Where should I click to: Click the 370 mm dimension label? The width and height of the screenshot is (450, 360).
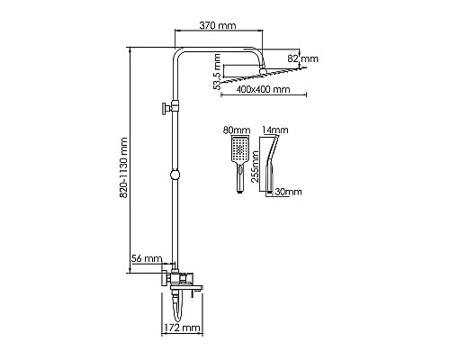coord(218,25)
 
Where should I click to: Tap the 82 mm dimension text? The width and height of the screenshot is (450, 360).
coord(303,58)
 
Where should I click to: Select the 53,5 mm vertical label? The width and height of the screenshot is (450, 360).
coord(217,72)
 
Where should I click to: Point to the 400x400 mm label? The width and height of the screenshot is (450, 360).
coord(263,89)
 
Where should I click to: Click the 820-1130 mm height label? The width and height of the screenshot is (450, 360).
coord(123,167)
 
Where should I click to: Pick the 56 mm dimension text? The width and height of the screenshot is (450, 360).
coord(147,258)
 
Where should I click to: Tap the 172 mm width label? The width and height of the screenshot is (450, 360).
coord(182,328)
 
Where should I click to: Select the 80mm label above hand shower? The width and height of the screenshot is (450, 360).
coord(237,130)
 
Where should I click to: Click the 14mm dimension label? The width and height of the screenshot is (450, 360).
coord(275,130)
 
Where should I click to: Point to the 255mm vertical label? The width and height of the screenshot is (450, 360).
coord(256,166)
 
